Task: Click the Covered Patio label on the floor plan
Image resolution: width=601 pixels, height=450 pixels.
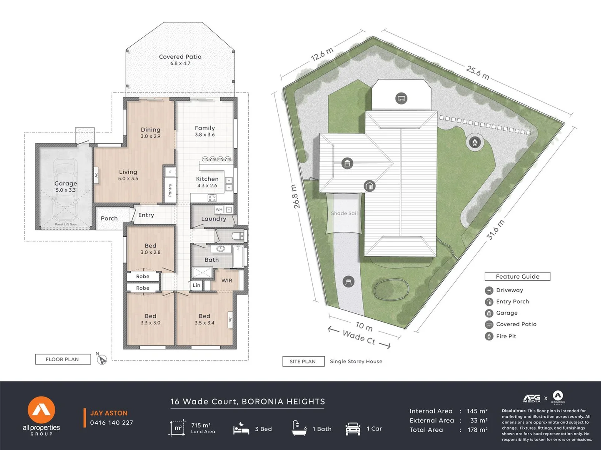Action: pyautogui.click(x=180, y=57)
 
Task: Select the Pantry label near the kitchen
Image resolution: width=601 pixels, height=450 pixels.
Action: pyautogui.click(x=170, y=190)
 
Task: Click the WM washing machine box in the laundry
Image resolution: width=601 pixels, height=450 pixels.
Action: pyautogui.click(x=219, y=210)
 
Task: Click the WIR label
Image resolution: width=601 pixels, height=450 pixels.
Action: pyautogui.click(x=227, y=280)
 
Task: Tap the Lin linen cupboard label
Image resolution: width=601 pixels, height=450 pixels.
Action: pyautogui.click(x=196, y=285)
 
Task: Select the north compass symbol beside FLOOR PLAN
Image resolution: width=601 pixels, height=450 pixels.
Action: pyautogui.click(x=102, y=360)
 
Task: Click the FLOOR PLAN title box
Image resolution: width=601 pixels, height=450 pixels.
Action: pyautogui.click(x=62, y=359)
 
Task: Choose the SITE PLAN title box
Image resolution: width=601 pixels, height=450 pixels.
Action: pyautogui.click(x=303, y=361)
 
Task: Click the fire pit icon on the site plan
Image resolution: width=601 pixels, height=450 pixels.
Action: pyautogui.click(x=474, y=142)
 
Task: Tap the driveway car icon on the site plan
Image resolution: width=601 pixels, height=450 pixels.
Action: pyautogui.click(x=348, y=282)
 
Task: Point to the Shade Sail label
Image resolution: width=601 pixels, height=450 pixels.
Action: pyautogui.click(x=344, y=213)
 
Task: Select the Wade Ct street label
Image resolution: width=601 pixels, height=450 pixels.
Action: pyautogui.click(x=359, y=337)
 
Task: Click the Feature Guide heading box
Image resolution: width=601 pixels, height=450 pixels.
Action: pyautogui.click(x=517, y=277)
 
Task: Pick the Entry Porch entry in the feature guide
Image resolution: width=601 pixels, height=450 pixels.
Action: pyautogui.click(x=512, y=302)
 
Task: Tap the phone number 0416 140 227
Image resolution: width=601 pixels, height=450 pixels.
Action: pyautogui.click(x=112, y=422)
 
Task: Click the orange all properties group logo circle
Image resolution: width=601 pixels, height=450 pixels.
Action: pyautogui.click(x=41, y=410)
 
